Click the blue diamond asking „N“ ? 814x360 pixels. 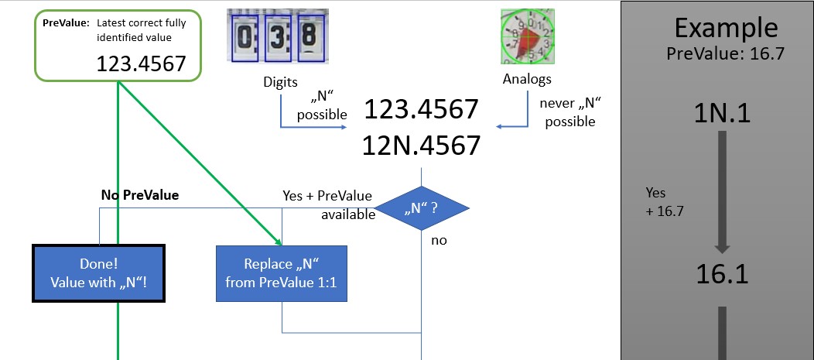pyautogui.click(x=422, y=208)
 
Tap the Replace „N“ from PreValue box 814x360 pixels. pyautogui.click(x=282, y=273)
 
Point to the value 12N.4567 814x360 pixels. pyautogui.click(x=421, y=145)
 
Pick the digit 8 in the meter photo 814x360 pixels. pyautogui.click(x=308, y=37)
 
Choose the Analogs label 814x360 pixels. pyautogui.click(x=527, y=79)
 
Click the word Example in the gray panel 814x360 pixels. pyautogui.click(x=725, y=28)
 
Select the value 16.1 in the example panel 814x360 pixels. pyautogui.click(x=721, y=273)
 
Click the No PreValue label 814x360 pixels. pyautogui.click(x=140, y=195)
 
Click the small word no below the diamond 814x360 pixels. pyautogui.click(x=439, y=241)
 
